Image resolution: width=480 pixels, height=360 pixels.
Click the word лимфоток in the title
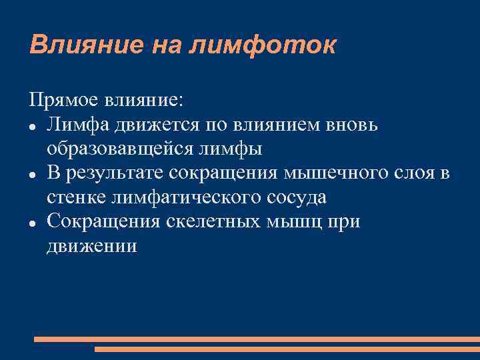[x=263, y=45]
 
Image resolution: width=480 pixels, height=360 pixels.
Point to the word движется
[x=147, y=124]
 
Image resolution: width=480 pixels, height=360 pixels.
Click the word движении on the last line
[x=92, y=246]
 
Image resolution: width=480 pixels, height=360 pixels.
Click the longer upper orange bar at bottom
[x=257, y=339]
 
